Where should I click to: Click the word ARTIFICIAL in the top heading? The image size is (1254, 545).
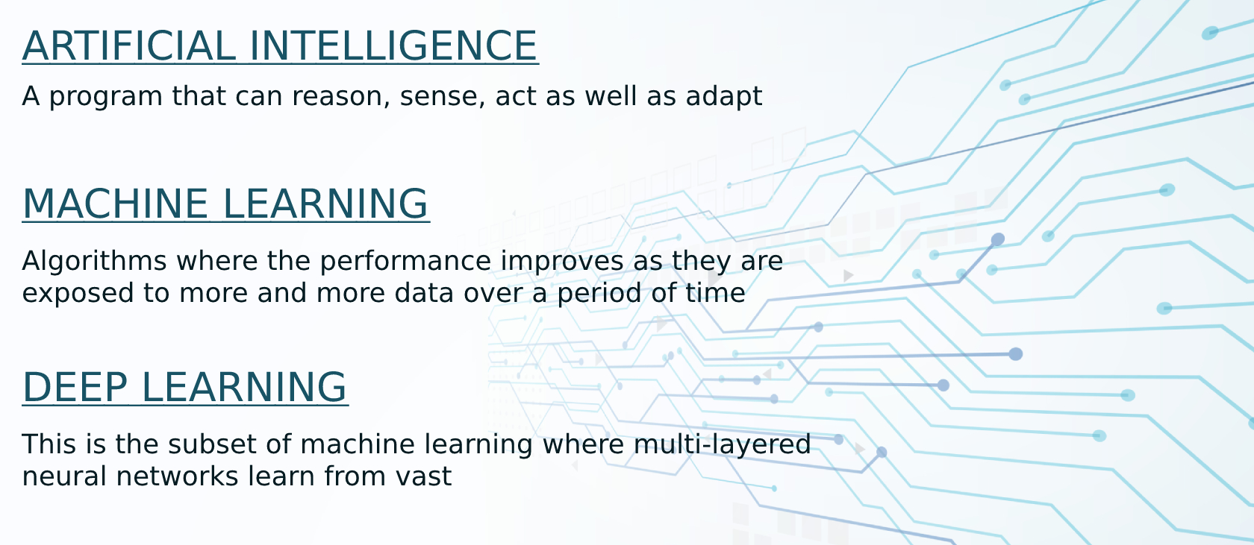coord(129,46)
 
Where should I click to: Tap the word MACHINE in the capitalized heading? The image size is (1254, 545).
coord(116,204)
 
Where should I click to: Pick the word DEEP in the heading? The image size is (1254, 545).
coord(75,388)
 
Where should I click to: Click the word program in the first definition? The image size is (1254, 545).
coord(106,97)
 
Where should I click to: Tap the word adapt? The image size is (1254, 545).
coord(723,97)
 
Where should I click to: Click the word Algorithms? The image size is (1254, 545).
coord(94,262)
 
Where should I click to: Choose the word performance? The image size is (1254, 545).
coord(405,262)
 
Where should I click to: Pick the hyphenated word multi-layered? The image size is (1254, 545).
coord(722,445)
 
